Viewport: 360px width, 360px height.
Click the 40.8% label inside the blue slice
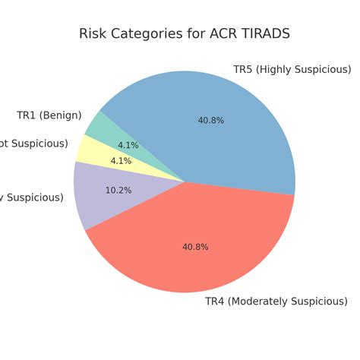[x=211, y=120]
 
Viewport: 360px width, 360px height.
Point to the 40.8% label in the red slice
[x=195, y=247]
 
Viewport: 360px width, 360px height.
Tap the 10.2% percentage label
[x=118, y=191]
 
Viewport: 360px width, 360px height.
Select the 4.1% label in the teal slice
[x=128, y=145]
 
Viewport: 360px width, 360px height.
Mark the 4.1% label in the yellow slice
[x=122, y=161]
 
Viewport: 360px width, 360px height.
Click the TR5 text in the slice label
[x=243, y=70]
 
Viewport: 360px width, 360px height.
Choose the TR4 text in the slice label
[x=215, y=302]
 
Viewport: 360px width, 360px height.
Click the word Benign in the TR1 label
[x=61, y=115]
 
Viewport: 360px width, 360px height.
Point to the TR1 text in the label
[x=27, y=115]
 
